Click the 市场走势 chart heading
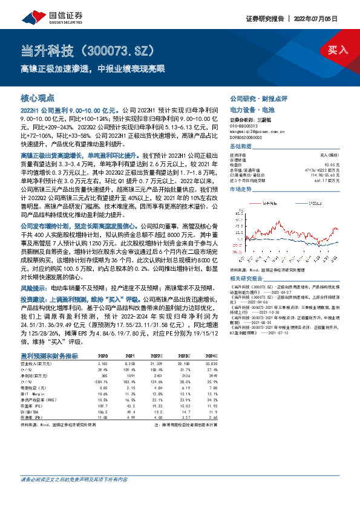(241, 189)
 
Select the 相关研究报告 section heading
(248, 278)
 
